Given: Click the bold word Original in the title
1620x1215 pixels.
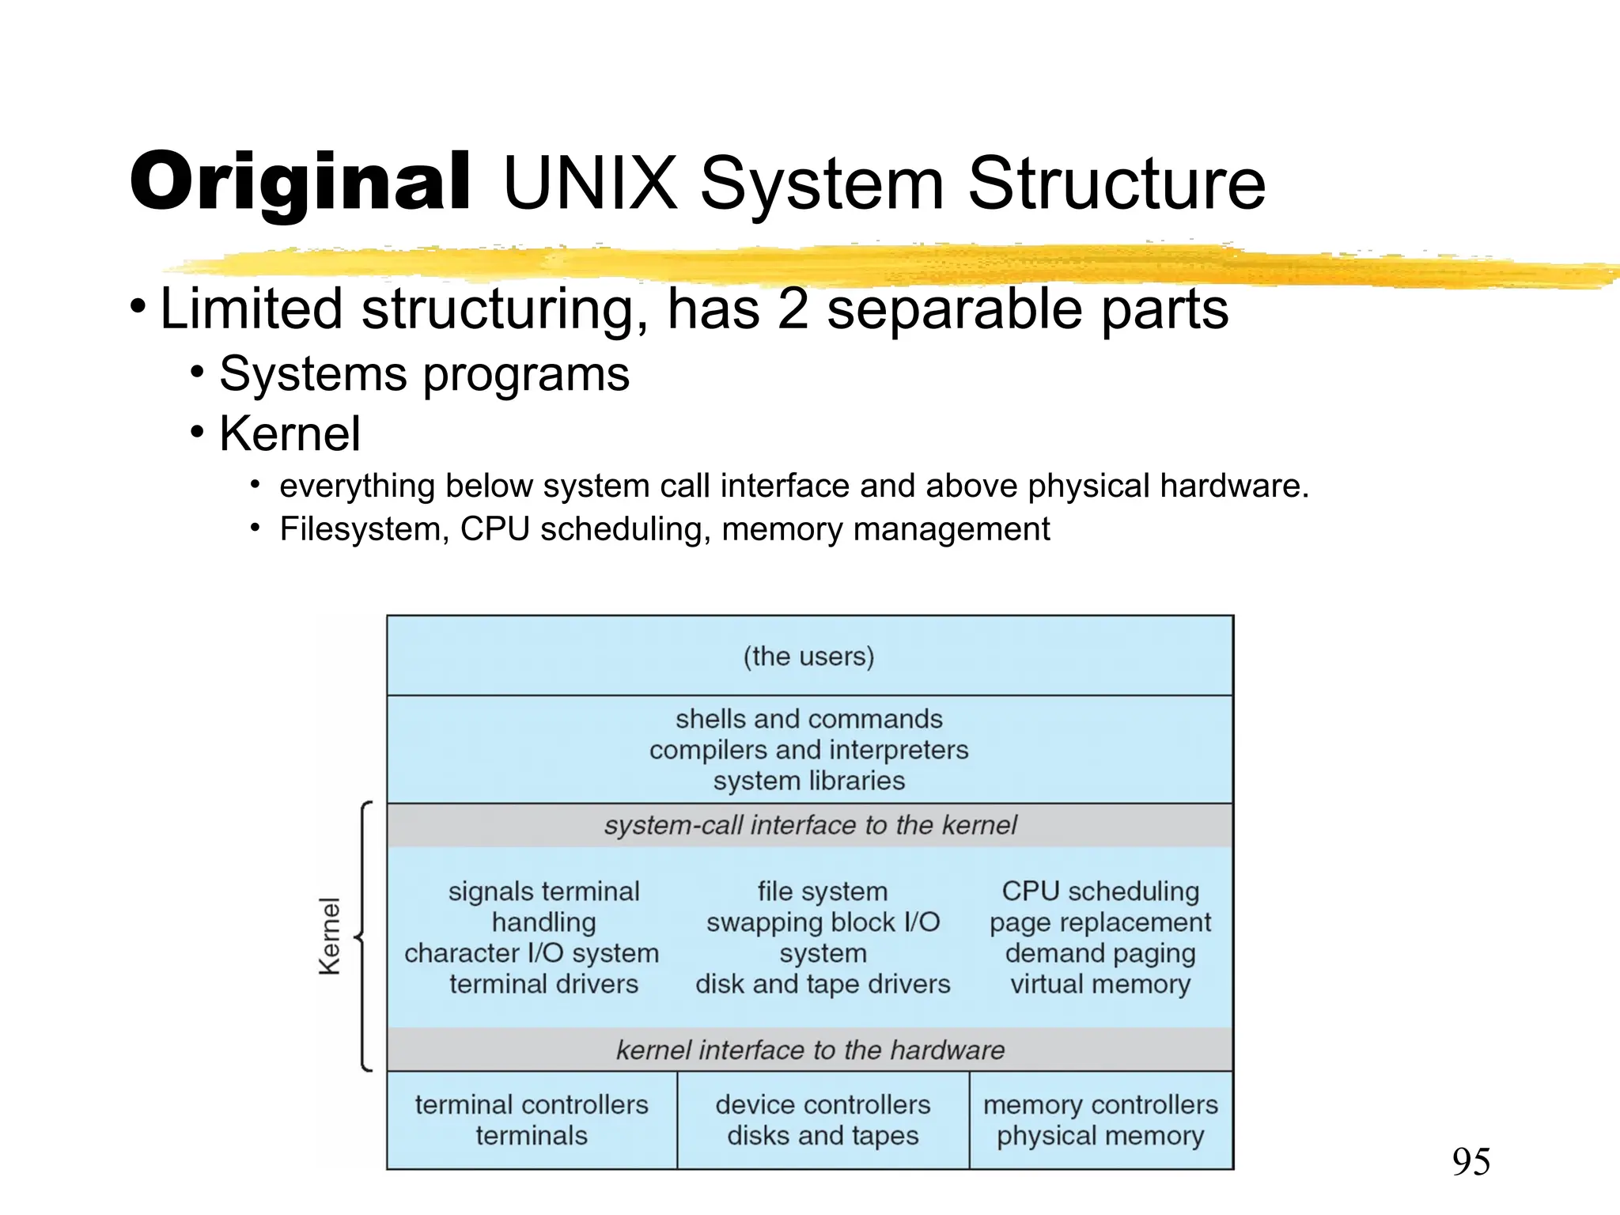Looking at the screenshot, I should (x=301, y=184).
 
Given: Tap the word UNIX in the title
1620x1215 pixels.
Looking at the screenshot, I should (x=590, y=184).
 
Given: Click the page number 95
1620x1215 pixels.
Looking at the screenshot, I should (x=1470, y=1162).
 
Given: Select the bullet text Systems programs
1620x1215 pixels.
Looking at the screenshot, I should (x=424, y=373).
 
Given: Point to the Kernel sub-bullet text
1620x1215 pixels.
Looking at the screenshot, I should (x=290, y=433).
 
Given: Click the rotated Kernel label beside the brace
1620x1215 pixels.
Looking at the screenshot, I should (x=329, y=936).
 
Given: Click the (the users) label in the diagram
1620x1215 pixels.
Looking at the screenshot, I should (x=808, y=657).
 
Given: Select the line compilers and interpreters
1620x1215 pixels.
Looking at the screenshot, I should (x=808, y=750).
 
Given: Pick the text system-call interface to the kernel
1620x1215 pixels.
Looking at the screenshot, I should (x=809, y=825).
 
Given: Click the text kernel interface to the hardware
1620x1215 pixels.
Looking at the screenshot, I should (x=809, y=1050).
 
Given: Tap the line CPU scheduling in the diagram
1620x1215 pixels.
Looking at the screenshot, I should (x=1100, y=891).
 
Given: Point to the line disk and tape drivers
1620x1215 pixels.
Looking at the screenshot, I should (x=823, y=984).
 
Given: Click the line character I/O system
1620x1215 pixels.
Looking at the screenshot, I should (x=532, y=953).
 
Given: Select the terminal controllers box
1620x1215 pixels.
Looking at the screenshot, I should (x=532, y=1119).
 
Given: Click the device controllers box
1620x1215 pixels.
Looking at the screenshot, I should (x=823, y=1119).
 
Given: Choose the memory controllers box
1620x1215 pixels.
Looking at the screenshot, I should (x=1100, y=1119).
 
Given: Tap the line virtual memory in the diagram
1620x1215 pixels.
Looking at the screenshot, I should (x=1100, y=984).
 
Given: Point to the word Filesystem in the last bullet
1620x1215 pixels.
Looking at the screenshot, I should (x=364, y=529).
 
